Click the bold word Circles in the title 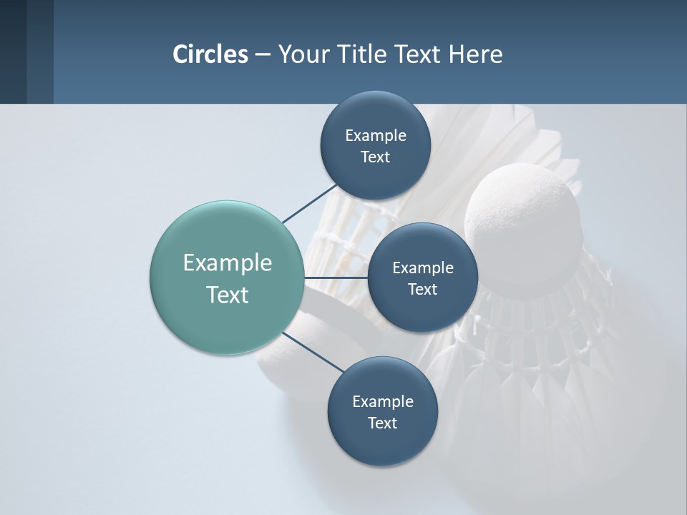point(210,54)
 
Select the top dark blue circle point(375,114)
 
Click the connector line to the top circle point(309,203)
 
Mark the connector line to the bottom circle point(313,352)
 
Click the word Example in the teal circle point(228,263)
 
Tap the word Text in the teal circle point(228,295)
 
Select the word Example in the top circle point(375,135)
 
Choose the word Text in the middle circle point(422,289)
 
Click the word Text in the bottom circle point(382,423)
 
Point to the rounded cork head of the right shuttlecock point(522,215)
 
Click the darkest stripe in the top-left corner point(13,51)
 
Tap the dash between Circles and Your point(263,55)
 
